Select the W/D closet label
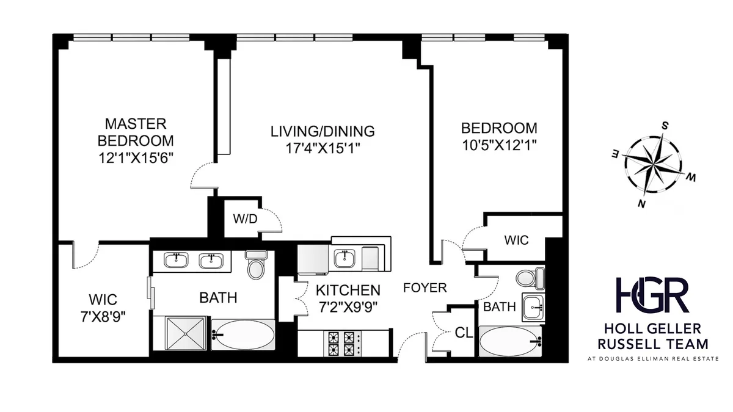click(x=244, y=219)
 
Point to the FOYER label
click(x=425, y=287)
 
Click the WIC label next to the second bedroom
click(x=516, y=240)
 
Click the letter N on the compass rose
click(x=641, y=204)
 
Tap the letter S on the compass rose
click(x=665, y=125)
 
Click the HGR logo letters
click(x=652, y=295)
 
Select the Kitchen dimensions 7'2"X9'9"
click(x=348, y=307)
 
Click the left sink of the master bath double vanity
click(x=176, y=261)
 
